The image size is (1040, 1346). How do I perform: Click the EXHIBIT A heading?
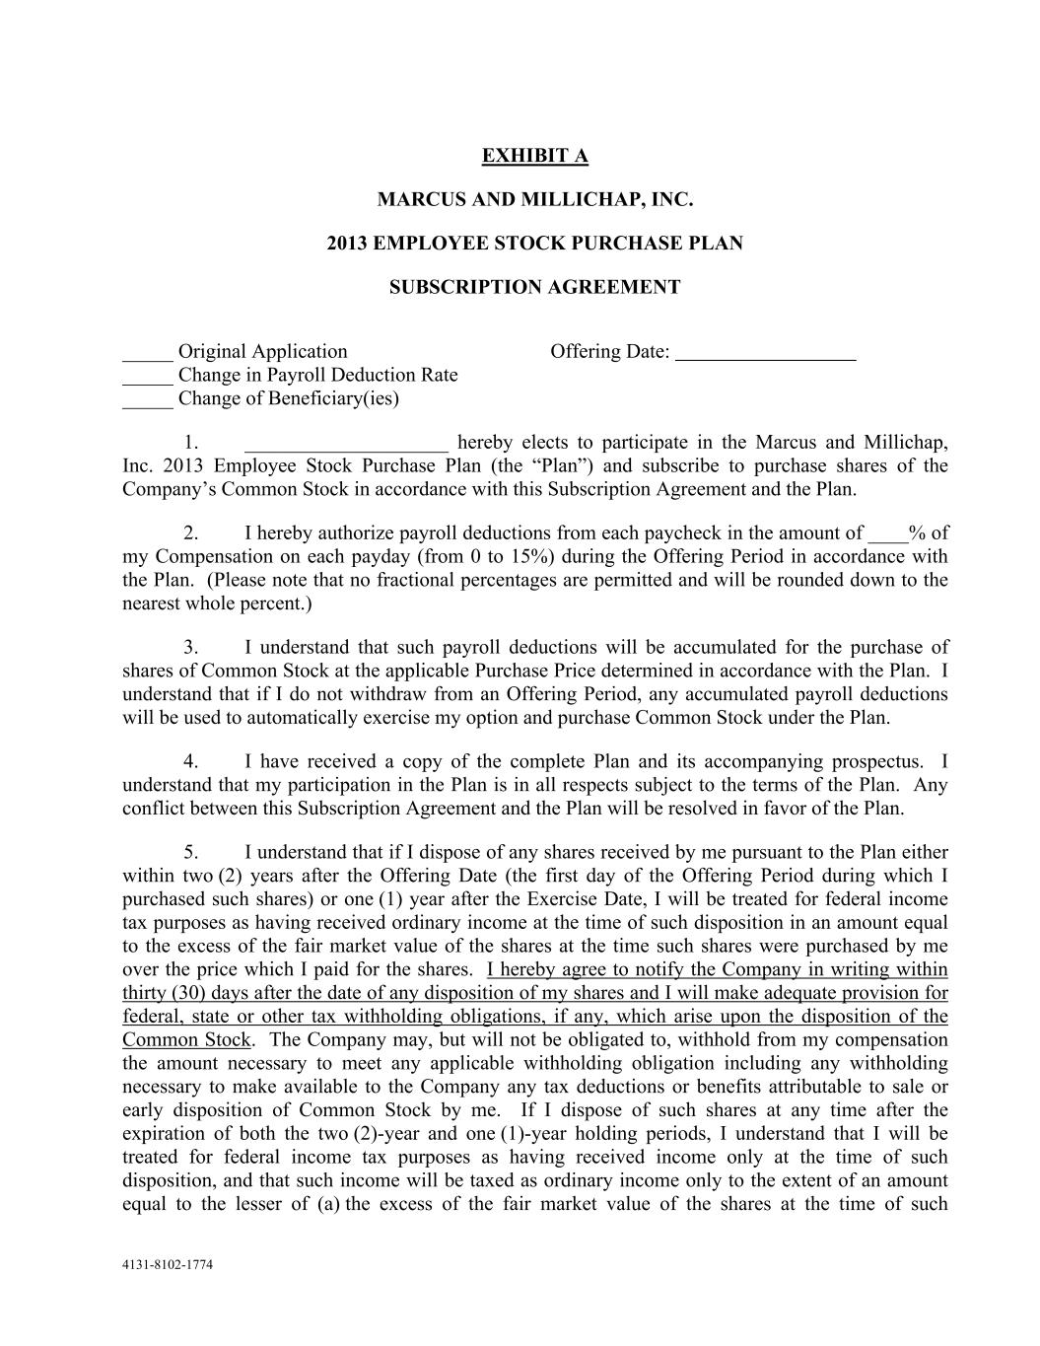[x=534, y=156]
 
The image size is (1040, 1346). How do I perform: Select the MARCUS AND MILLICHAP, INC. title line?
[x=535, y=200]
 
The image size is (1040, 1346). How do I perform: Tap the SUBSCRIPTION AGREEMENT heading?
[x=534, y=287]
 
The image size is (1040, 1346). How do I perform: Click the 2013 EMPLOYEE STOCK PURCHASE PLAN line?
[x=534, y=243]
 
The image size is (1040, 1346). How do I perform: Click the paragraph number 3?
[x=192, y=648]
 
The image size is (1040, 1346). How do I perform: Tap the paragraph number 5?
[x=192, y=853]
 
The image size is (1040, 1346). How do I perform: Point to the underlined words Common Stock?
[x=186, y=1040]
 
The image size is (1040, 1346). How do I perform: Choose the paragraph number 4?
[x=192, y=762]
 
